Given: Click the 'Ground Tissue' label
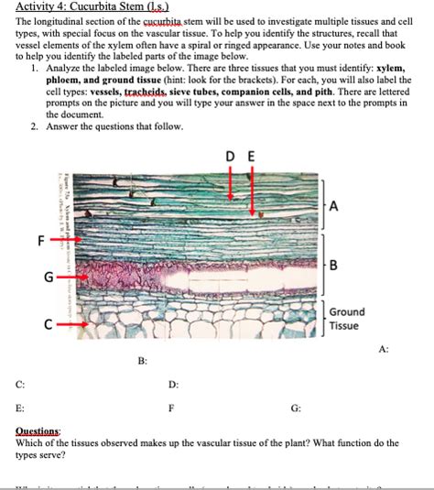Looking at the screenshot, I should click(x=345, y=319).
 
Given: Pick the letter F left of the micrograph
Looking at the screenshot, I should click(x=40, y=241).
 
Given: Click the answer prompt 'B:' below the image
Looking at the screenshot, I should click(x=142, y=363).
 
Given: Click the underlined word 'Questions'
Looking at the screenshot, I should click(x=38, y=430).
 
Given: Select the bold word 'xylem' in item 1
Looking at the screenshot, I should click(x=388, y=69).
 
